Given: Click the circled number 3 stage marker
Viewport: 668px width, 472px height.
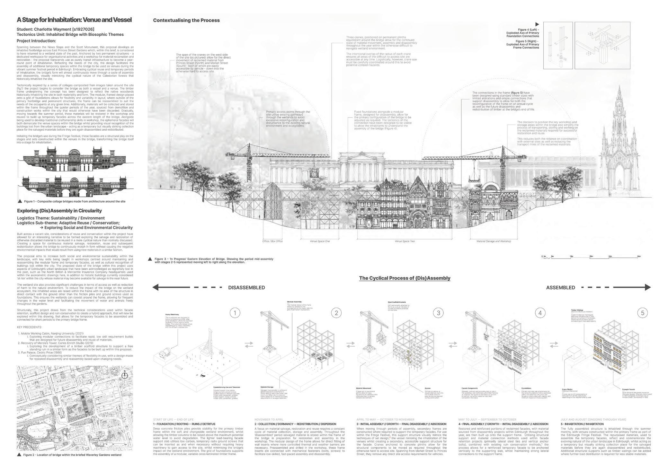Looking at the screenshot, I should click(438, 313).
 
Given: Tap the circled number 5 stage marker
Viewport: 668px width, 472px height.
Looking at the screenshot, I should click(642, 313).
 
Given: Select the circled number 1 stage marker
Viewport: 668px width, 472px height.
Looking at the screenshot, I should click(235, 313).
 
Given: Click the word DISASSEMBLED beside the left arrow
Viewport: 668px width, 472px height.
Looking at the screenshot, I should click(246, 288).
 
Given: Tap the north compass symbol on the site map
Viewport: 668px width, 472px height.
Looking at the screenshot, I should click(125, 375).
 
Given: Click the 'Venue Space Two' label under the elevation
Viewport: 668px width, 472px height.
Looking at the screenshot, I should click(405, 241).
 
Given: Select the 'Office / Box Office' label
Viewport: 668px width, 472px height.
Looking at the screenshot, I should click(272, 241).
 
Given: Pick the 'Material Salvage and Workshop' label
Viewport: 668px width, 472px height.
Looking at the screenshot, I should click(494, 241).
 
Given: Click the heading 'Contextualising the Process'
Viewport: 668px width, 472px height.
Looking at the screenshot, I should click(186, 20).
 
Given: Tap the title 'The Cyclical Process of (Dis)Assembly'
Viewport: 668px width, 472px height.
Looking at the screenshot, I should click(405, 278).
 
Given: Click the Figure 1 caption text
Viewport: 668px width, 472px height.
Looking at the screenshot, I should click(74, 201).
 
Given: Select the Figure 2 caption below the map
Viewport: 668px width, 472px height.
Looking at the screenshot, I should click(72, 455).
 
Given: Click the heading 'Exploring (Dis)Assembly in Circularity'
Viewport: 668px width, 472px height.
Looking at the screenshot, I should click(59, 211).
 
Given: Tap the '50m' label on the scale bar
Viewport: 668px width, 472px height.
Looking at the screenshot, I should click(639, 256).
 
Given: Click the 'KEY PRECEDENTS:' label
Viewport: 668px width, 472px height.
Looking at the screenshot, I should click(29, 327).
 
